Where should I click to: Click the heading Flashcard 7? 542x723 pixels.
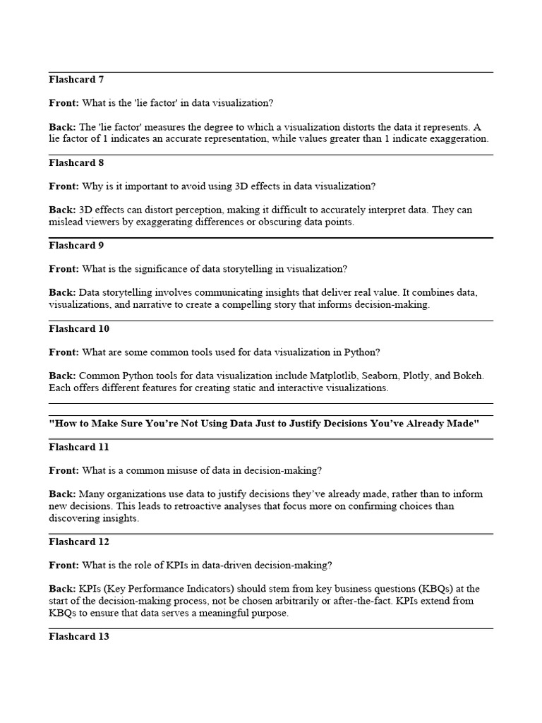[x=76, y=80]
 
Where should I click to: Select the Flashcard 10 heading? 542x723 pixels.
[x=79, y=329]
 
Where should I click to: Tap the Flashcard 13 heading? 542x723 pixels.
[x=79, y=637]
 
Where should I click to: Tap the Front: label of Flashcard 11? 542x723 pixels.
[x=64, y=470]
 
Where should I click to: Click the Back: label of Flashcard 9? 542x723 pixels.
[x=62, y=293]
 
